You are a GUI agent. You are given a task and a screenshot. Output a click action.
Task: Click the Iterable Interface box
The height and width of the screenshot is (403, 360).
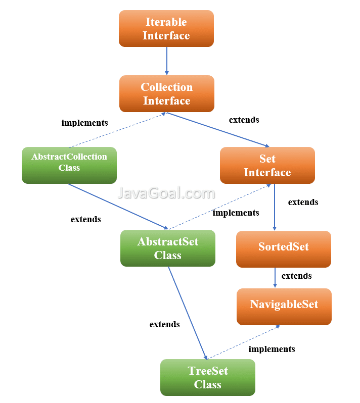(x=166, y=28)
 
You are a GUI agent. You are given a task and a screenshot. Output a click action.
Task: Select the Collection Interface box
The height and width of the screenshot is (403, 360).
(x=167, y=93)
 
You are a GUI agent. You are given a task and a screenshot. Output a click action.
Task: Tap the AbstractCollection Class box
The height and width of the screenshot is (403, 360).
(x=69, y=165)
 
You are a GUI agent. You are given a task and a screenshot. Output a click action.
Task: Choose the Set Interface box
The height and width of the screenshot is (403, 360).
(x=267, y=165)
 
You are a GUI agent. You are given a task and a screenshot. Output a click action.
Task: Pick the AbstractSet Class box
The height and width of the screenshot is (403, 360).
(x=168, y=248)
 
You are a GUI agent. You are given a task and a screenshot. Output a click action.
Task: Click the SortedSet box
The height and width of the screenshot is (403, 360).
(x=284, y=249)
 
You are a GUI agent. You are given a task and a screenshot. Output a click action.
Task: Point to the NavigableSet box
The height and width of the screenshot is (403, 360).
(x=284, y=307)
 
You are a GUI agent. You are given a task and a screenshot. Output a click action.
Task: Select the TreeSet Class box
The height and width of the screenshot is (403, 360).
(x=208, y=377)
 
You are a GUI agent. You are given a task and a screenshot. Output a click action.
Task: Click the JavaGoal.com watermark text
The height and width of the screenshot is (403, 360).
(x=166, y=193)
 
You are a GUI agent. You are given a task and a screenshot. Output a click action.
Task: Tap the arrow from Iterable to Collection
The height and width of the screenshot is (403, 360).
(x=167, y=61)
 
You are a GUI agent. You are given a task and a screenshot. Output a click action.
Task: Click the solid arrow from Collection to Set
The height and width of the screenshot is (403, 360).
(x=218, y=130)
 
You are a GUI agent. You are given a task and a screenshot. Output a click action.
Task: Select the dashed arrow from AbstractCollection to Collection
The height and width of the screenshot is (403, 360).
(x=118, y=130)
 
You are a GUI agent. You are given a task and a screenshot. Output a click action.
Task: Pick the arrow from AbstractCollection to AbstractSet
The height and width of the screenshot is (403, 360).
(x=118, y=207)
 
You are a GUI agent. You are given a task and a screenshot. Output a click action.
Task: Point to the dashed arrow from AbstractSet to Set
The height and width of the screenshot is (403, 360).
(x=220, y=207)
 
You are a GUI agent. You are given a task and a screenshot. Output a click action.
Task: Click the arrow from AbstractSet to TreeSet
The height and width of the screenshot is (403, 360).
(x=188, y=313)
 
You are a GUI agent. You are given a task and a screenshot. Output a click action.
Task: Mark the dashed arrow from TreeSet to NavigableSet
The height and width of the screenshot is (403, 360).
(x=243, y=342)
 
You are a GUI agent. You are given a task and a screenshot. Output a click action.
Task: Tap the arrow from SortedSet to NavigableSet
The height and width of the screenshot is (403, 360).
(x=275, y=278)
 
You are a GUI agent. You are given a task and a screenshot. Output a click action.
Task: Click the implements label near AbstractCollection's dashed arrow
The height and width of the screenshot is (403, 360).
(x=84, y=123)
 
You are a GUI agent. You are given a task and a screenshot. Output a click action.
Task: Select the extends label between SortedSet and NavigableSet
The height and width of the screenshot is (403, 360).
(x=296, y=276)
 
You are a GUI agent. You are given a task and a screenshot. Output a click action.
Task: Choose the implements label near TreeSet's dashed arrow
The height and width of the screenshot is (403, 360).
(x=272, y=349)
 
